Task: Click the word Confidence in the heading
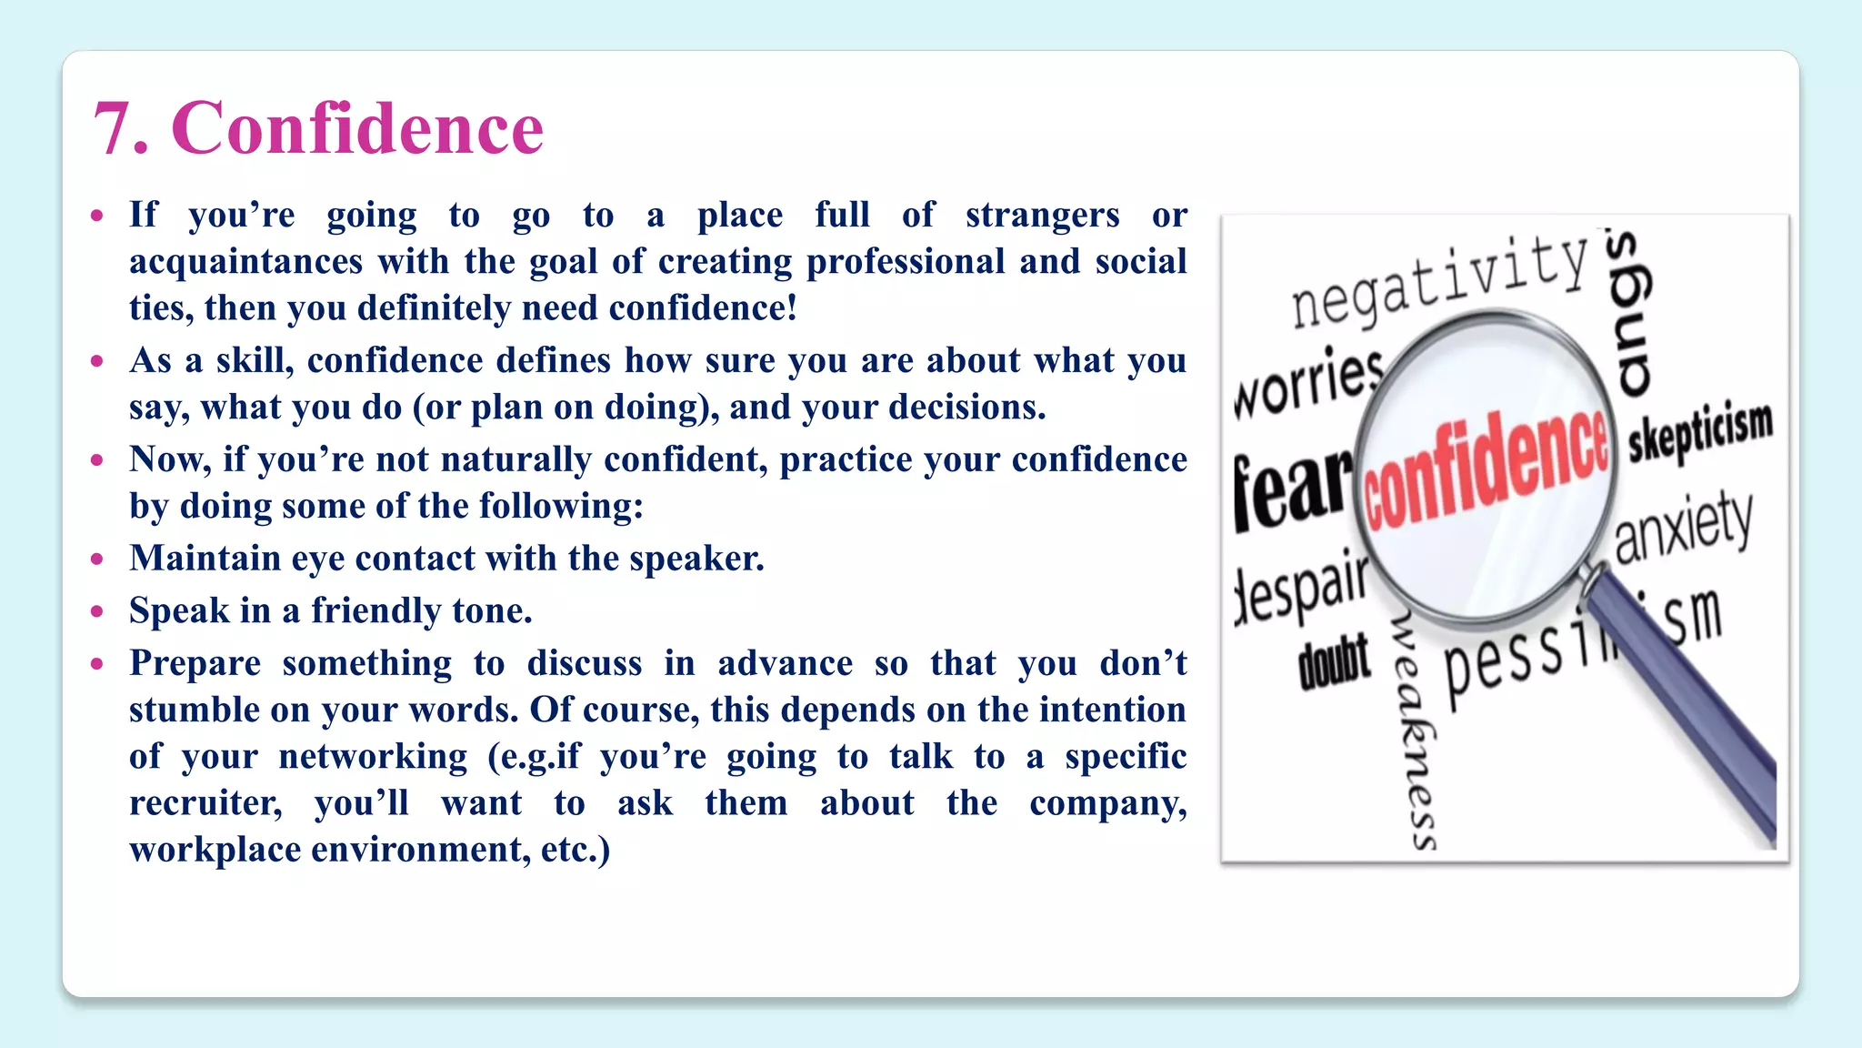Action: [357, 128]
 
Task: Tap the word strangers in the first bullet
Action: [1042, 216]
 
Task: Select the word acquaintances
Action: [245, 262]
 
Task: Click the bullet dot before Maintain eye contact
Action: [97, 559]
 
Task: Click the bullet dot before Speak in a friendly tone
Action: [97, 611]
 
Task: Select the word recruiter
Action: [205, 803]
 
